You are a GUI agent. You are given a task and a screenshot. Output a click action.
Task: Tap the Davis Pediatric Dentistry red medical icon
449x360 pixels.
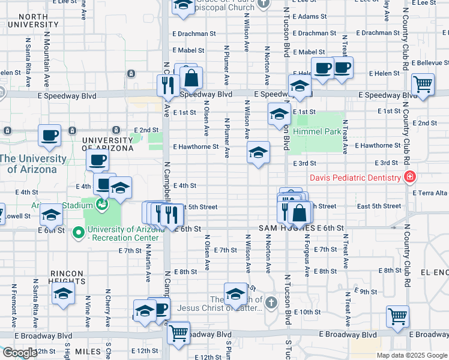pyautogui.click(x=409, y=177)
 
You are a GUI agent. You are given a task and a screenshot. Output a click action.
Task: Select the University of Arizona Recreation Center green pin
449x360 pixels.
pyautogui.click(x=77, y=232)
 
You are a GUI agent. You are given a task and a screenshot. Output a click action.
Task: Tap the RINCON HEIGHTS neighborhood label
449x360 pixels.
pyautogui.click(x=67, y=276)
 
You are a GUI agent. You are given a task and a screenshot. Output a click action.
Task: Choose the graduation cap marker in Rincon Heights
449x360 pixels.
pyautogui.click(x=62, y=294)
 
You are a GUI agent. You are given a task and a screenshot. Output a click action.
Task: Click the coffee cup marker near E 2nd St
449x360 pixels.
pyautogui.click(x=49, y=135)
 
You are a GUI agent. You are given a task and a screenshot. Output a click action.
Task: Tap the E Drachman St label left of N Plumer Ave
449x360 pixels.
pyautogui.click(x=194, y=34)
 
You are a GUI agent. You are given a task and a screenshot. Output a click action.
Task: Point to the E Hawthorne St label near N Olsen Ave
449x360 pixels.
pyautogui.click(x=195, y=146)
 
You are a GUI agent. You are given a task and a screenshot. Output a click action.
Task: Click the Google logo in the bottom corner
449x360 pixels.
pyautogui.click(x=20, y=353)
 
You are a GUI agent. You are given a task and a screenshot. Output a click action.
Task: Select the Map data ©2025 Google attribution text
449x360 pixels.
pyautogui.click(x=411, y=355)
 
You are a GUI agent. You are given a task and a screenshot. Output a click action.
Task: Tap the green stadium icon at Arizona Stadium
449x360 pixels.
pyautogui.click(x=102, y=205)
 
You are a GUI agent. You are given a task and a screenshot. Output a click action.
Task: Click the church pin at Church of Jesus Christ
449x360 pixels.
pyautogui.click(x=271, y=302)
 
